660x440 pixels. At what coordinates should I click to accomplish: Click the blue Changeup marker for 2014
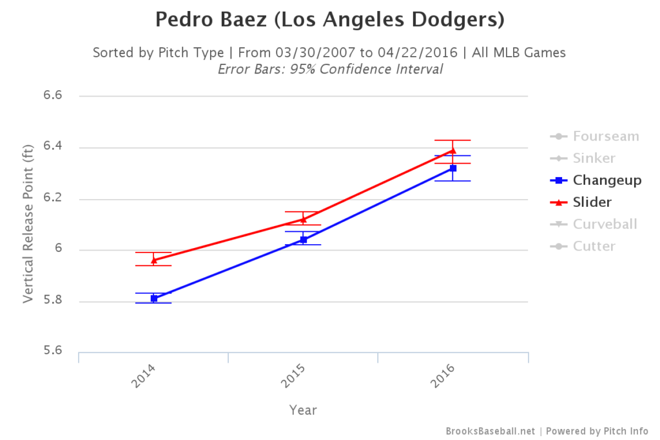coord(154,298)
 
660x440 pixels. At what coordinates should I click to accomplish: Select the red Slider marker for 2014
coord(154,260)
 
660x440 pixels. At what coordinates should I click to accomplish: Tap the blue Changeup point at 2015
coord(304,240)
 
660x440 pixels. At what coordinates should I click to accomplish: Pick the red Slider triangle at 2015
coord(304,219)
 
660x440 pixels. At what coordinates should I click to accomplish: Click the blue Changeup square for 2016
coord(453,168)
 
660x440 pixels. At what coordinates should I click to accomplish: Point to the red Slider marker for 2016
coord(453,151)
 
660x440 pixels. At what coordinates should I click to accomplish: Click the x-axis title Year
coord(303,410)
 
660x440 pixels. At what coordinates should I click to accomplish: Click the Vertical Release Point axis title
coord(28,224)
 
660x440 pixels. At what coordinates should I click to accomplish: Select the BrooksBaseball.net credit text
coord(490,431)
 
